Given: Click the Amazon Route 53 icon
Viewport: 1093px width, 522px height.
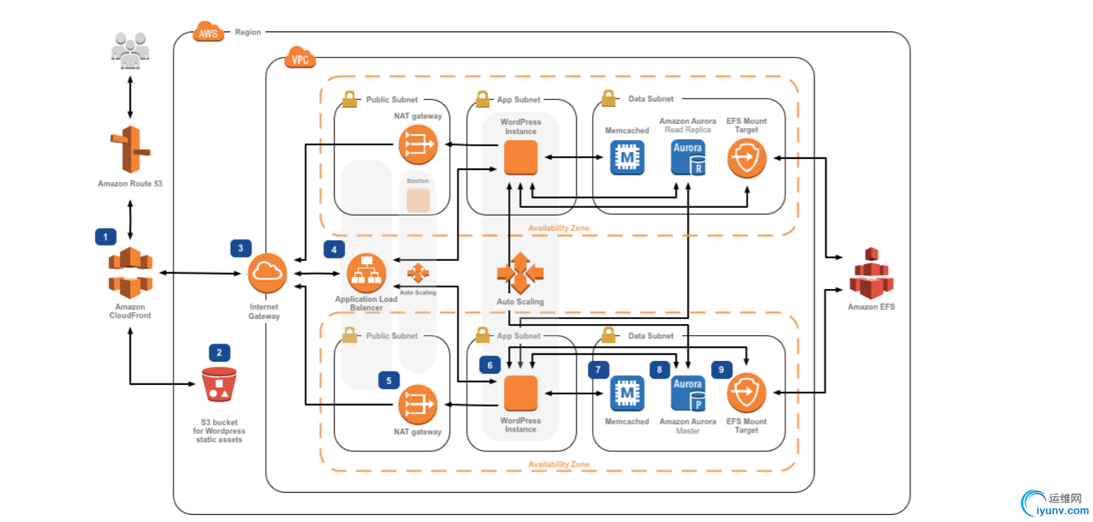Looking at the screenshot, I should pos(130,150).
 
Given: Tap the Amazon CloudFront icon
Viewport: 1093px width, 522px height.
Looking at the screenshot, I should pos(130,273).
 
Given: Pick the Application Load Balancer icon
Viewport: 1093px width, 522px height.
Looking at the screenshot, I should pos(367,273).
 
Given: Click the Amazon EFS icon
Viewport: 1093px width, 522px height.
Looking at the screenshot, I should pos(871,273).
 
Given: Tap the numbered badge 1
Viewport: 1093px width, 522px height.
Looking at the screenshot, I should pos(106,237).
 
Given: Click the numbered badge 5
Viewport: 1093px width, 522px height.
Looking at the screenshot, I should pos(389,380).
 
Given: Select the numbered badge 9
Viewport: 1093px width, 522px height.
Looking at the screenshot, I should pos(722,369).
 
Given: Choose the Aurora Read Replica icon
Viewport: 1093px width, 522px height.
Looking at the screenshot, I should pos(689,158).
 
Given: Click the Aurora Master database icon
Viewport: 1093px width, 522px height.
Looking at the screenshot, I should pos(689,393).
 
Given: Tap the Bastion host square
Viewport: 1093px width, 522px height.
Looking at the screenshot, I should pos(418,201).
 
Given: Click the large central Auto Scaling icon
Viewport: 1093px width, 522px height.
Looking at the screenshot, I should pos(521,273).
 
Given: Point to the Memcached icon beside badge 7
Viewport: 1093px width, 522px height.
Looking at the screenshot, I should pos(627,393).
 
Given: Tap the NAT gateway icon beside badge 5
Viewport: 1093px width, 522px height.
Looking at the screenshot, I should pos(418,405).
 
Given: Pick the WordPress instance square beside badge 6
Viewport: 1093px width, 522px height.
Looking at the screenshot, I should pos(521,393).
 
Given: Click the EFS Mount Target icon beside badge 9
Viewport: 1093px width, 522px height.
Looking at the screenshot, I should pos(747,393).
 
